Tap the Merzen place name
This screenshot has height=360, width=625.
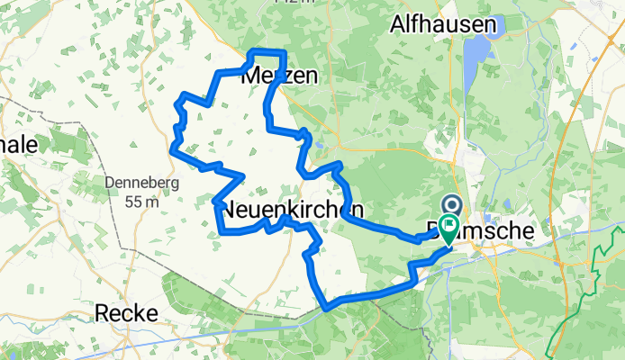(x=280, y=76)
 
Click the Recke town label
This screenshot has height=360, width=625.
(x=128, y=313)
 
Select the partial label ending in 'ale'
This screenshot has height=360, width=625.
(x=18, y=147)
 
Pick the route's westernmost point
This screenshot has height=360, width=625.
(x=172, y=143)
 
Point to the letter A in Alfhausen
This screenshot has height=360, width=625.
(x=397, y=26)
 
